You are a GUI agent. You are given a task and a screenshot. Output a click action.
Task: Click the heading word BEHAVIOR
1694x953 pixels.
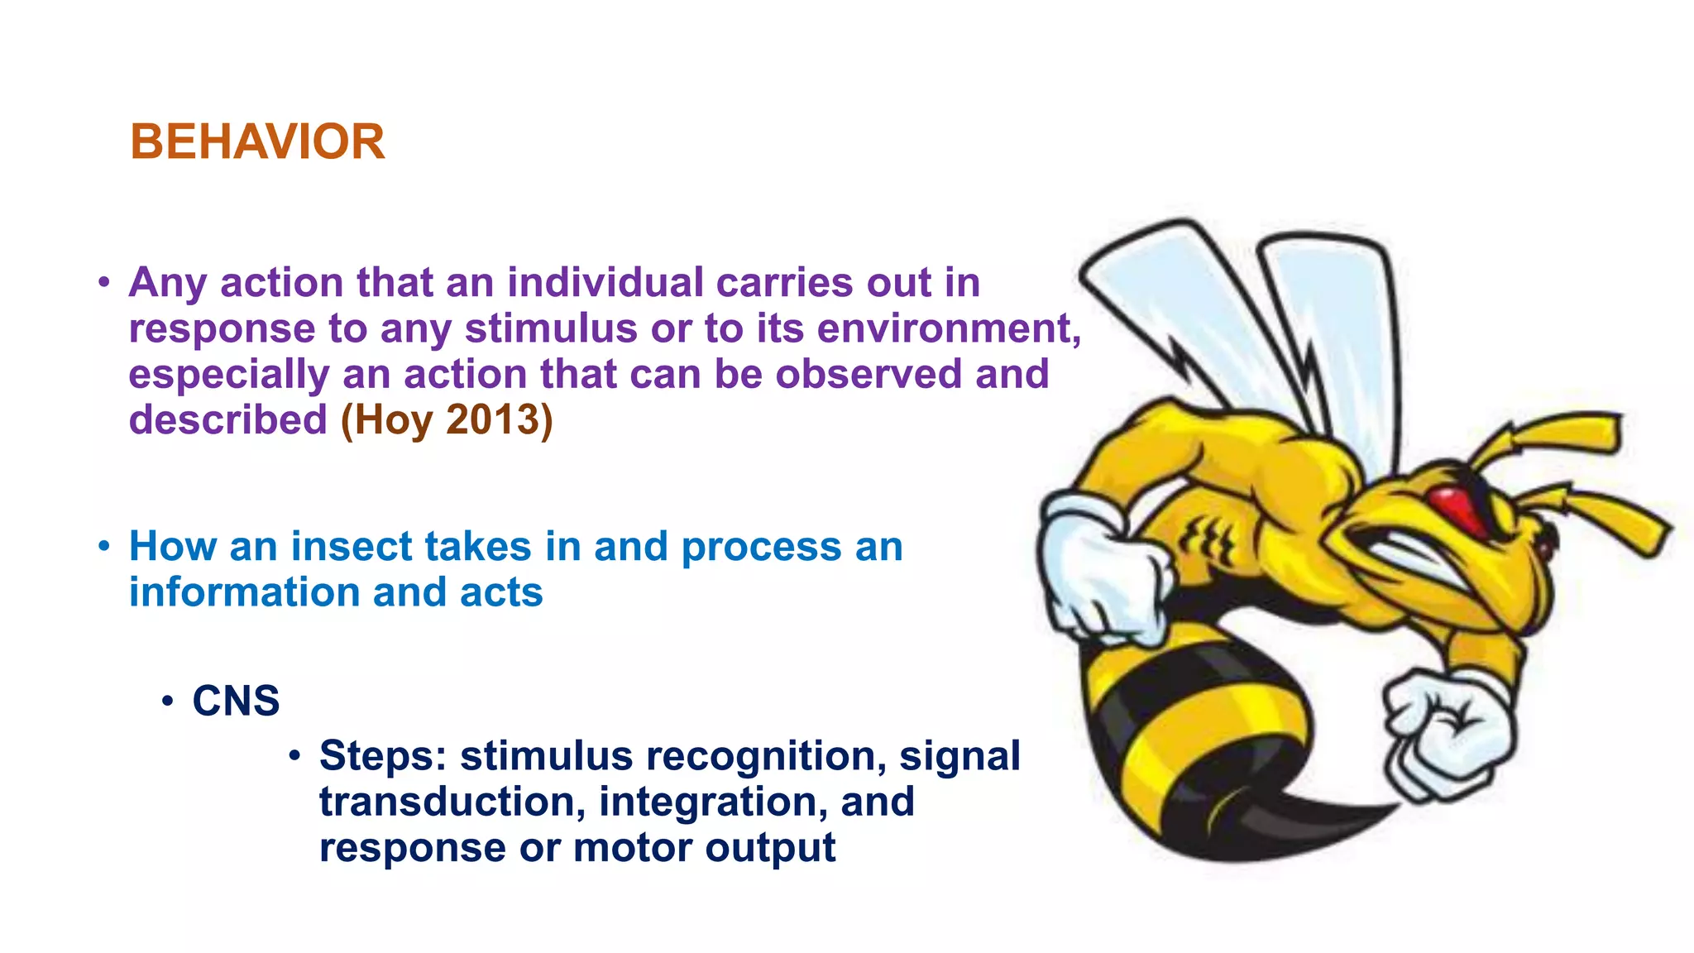[x=257, y=142]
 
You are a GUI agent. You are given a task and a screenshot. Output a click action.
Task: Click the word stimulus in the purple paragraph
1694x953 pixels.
[x=551, y=328]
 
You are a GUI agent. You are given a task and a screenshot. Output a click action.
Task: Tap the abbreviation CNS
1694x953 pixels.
[x=236, y=702]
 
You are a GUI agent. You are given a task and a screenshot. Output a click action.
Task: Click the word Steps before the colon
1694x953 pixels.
[x=380, y=757]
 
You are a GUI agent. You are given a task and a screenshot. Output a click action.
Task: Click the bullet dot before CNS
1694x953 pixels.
[x=168, y=702]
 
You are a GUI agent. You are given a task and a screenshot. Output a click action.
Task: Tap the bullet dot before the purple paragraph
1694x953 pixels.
[x=103, y=283]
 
